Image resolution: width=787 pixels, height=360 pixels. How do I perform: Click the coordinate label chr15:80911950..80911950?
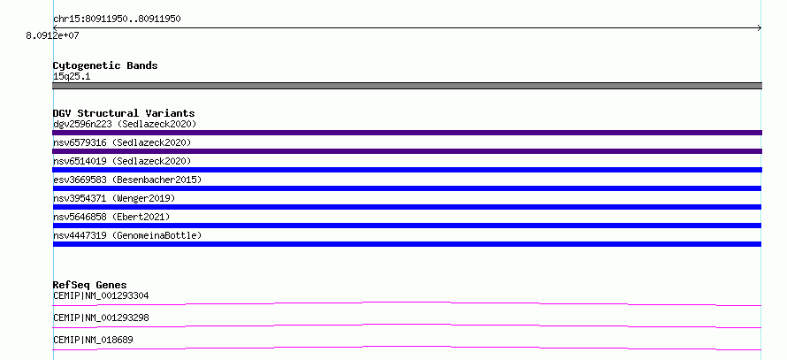(117, 19)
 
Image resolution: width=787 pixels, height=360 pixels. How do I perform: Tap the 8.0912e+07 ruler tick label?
(53, 36)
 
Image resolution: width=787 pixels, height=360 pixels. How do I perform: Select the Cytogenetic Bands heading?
(105, 65)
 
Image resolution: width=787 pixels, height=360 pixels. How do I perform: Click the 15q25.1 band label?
(72, 77)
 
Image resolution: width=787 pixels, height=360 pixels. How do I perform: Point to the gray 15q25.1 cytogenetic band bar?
(407, 86)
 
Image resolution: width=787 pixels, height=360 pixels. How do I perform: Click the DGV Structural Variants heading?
(124, 113)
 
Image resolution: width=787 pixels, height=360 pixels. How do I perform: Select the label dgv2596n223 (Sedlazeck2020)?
(125, 124)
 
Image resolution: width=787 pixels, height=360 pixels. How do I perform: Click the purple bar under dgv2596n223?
(407, 133)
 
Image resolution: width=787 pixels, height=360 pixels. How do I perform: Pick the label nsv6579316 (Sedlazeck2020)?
(122, 142)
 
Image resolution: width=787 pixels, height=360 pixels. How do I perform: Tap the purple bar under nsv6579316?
(407, 151)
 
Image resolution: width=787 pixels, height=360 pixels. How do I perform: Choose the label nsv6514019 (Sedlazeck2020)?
(122, 161)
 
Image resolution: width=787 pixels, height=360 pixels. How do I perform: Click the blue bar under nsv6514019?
(407, 170)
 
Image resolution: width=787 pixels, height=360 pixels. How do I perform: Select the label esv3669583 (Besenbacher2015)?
(127, 180)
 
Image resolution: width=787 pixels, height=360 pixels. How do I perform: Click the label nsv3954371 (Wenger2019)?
(114, 198)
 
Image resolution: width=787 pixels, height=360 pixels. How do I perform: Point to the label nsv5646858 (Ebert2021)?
(112, 217)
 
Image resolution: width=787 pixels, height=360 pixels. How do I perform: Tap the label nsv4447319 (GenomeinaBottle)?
(127, 235)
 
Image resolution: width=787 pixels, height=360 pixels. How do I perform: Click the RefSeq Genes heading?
(90, 285)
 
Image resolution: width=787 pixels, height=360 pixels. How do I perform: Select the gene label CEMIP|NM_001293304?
(101, 295)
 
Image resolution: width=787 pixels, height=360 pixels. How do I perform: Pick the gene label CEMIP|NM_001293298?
(101, 318)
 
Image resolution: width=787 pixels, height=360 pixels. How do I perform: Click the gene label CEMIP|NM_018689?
(93, 341)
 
